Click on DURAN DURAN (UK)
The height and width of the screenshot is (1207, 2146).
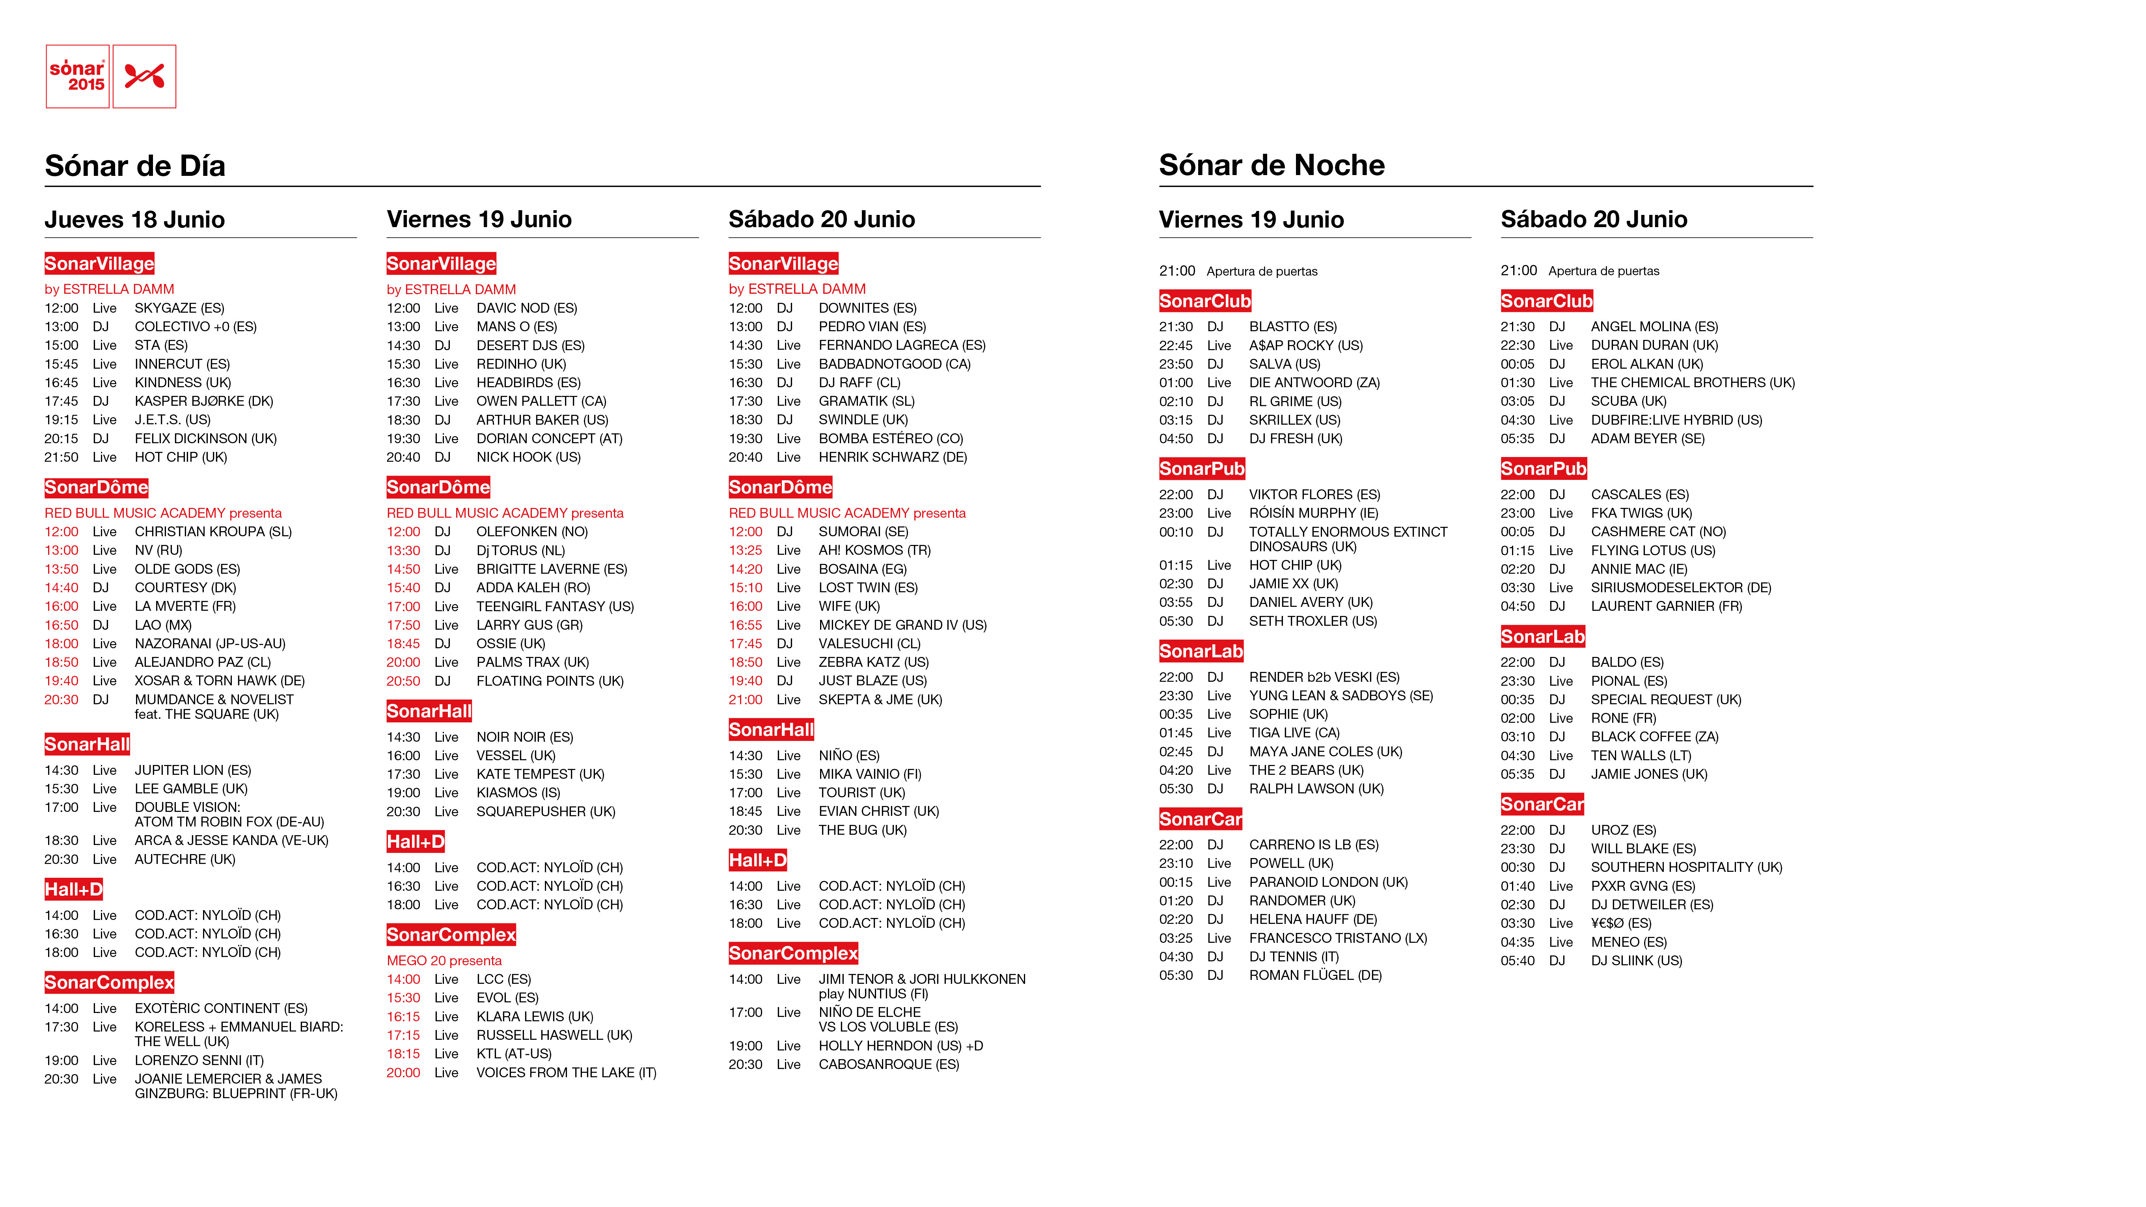tap(1654, 345)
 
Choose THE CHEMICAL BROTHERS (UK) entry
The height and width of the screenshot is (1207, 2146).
tap(1692, 382)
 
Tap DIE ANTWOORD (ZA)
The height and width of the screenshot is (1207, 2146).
tap(1314, 382)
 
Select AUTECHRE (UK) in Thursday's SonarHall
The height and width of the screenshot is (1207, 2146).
tap(185, 859)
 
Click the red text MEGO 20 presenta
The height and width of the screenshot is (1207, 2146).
tap(444, 961)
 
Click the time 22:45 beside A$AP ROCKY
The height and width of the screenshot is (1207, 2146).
tap(1175, 345)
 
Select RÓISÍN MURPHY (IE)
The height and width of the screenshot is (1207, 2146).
tap(1313, 513)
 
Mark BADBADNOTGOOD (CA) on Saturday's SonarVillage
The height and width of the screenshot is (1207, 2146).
tap(894, 364)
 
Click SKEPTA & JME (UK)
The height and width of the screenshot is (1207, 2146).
tap(880, 700)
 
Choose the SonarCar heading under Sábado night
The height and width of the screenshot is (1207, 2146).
tap(1542, 804)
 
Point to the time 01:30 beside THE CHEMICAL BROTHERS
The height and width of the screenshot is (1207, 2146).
tap(1517, 382)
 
